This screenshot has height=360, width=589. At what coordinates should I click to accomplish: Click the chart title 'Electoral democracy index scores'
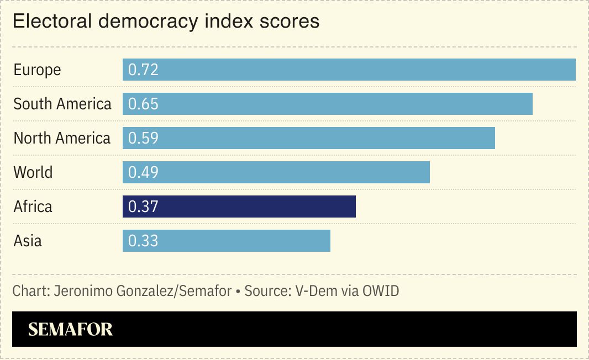166,22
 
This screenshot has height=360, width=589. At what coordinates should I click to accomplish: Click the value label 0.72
143,70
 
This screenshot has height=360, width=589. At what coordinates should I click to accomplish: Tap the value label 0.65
143,104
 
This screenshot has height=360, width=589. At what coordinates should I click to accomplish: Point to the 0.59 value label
143,138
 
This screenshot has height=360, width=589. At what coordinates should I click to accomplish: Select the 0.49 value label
143,172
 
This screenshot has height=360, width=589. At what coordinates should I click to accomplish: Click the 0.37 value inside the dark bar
143,207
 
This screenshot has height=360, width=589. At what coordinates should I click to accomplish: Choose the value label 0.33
143,241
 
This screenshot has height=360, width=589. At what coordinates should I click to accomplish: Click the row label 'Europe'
37,70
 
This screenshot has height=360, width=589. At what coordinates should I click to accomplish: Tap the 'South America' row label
62,104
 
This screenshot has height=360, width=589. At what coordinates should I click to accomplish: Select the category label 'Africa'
33,207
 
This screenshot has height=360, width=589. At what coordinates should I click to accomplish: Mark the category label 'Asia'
28,241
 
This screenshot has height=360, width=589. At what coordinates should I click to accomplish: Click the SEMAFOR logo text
70,330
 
